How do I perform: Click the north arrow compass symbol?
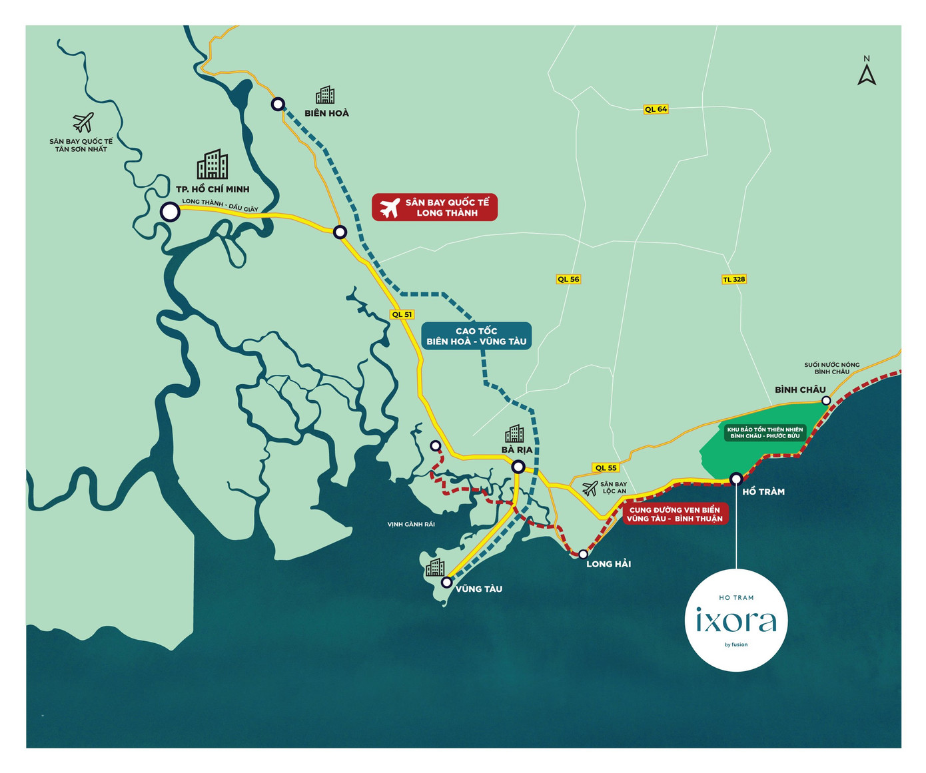click(x=866, y=72)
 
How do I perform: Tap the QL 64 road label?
click(x=656, y=109)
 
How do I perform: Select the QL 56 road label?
click(x=568, y=280)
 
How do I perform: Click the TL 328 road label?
click(x=733, y=280)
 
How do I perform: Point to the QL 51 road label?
click(x=402, y=315)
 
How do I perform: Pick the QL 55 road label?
click(x=606, y=468)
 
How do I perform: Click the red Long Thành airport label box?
click(x=434, y=208)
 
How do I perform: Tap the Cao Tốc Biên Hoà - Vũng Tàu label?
click(x=476, y=336)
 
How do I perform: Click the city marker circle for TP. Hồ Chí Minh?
click(x=171, y=212)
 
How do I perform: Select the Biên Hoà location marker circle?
click(x=278, y=104)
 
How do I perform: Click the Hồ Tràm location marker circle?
click(x=736, y=479)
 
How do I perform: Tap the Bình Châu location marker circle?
click(x=826, y=401)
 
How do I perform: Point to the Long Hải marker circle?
click(x=583, y=554)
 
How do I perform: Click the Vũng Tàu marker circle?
click(x=446, y=583)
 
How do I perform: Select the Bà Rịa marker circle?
click(x=518, y=467)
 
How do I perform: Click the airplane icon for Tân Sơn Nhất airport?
click(x=83, y=123)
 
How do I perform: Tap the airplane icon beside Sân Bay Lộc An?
click(x=590, y=489)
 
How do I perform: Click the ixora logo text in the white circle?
click(x=736, y=621)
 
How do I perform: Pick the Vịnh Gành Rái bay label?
click(x=411, y=525)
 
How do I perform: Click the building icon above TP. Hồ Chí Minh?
click(x=213, y=164)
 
